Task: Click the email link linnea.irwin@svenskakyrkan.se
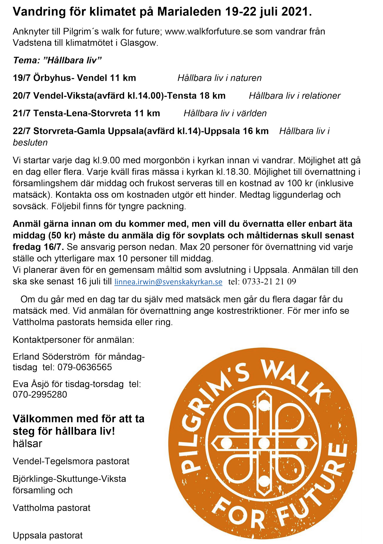point(168,282)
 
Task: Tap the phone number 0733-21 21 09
point(269,282)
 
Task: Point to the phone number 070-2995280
point(40,394)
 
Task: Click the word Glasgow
point(139,43)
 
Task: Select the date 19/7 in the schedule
point(22,78)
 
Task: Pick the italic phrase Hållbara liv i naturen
point(219,78)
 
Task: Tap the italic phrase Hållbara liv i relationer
point(295,96)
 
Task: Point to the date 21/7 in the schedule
point(22,113)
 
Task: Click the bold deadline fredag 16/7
point(38,247)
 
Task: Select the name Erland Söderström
point(51,357)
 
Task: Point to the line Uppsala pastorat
point(48,535)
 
